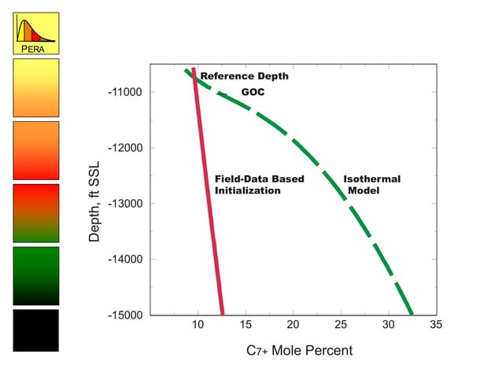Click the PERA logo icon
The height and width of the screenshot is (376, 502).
pos(35,32)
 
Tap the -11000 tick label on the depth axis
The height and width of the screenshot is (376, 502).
pos(124,92)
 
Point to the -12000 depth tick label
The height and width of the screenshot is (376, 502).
pos(124,148)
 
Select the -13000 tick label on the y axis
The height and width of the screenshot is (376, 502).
pos(124,204)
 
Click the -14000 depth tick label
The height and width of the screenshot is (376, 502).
pos(124,260)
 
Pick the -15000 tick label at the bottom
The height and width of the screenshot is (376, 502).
pos(124,315)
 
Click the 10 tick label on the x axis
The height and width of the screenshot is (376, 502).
pos(198,326)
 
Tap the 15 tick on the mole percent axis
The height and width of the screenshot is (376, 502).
pos(245,326)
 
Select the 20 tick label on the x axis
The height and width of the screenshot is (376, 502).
pos(293,326)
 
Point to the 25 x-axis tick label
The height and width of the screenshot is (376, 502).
pos(341,326)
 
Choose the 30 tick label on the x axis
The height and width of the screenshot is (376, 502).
pos(389,326)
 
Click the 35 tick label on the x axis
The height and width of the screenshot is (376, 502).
pos(436,326)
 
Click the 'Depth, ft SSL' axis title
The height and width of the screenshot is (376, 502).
pos(94,203)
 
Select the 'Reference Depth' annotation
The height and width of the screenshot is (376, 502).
pos(244,76)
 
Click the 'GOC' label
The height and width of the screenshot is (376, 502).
pos(253,92)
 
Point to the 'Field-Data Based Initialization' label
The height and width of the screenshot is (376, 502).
pos(259,185)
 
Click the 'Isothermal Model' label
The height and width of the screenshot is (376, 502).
pos(371,185)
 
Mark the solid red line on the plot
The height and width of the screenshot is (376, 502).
pos(209,205)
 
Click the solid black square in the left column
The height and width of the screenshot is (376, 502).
pos(35,330)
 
